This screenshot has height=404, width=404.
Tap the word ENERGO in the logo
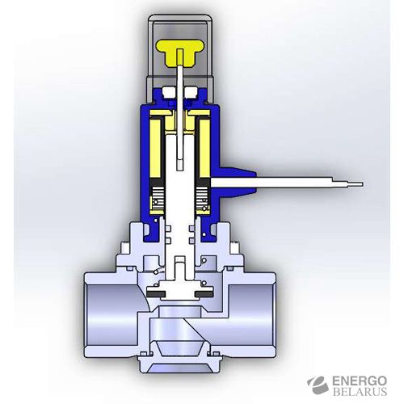coord(360,381)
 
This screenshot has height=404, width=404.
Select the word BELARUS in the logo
coord(360,392)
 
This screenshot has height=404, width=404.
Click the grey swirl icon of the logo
coord(318,385)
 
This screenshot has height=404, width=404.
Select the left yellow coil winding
coord(155,148)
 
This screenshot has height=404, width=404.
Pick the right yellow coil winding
coord(204,148)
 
